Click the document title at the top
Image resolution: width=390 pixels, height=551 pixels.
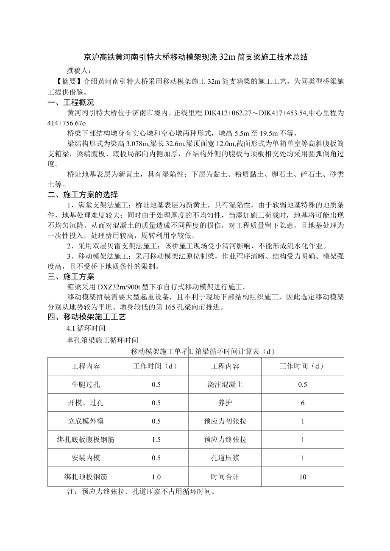(x=195, y=57)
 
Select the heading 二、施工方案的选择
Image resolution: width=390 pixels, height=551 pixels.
(x=83, y=194)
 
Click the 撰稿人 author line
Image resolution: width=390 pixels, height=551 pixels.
(x=79, y=70)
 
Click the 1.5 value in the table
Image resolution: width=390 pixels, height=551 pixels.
(x=156, y=440)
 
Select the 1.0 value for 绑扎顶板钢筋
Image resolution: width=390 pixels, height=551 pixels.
(x=156, y=476)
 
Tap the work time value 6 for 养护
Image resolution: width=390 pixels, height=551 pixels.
(x=302, y=403)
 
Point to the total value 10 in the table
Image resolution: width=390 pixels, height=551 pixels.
(x=302, y=476)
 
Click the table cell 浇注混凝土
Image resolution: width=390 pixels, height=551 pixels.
(x=225, y=385)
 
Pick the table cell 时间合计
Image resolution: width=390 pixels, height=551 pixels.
(x=225, y=476)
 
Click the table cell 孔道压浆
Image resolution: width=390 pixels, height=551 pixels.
(x=225, y=458)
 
